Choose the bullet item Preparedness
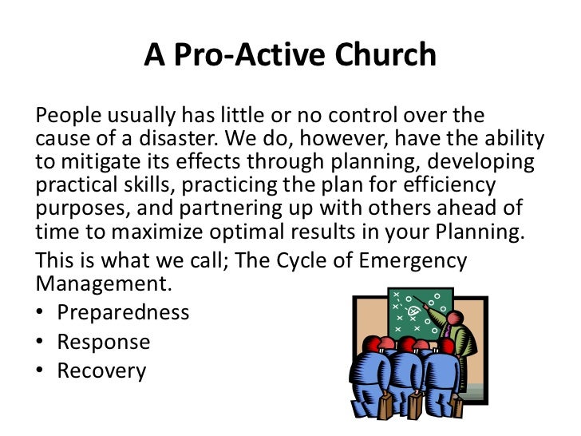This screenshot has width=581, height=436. [123, 312]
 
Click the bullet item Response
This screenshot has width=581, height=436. [103, 342]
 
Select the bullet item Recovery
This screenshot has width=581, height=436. [101, 371]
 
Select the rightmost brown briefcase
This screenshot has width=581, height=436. [457, 407]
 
